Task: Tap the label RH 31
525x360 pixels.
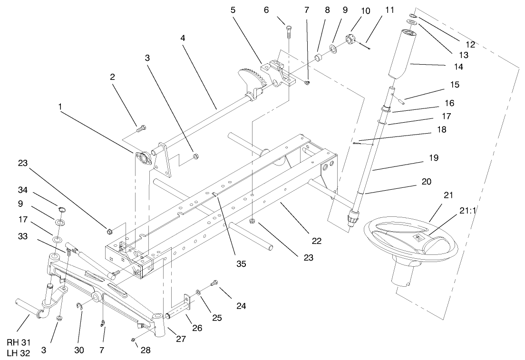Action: click(19, 342)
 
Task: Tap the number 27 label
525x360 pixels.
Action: click(180, 339)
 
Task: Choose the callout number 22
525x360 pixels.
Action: click(316, 241)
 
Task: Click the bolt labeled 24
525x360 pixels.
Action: click(214, 283)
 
